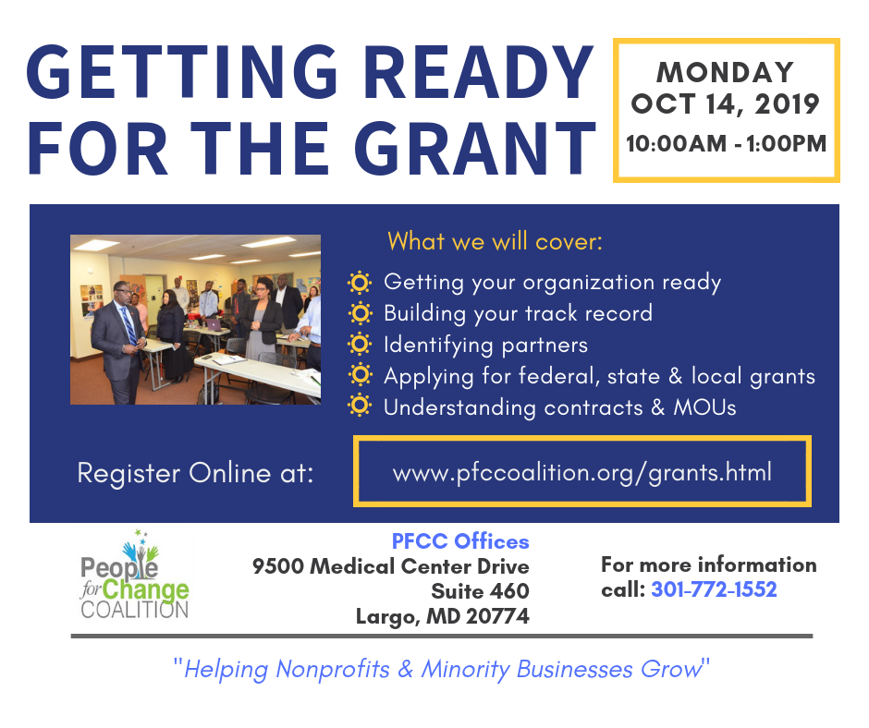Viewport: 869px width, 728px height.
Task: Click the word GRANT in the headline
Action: (x=475, y=148)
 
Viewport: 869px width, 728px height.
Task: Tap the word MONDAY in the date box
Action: (x=726, y=73)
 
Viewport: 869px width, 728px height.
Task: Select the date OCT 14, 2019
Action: (x=725, y=104)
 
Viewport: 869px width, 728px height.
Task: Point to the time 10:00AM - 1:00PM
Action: (x=726, y=143)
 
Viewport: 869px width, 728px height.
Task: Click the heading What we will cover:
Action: (x=495, y=241)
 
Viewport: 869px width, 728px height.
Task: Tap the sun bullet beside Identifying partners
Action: (x=360, y=344)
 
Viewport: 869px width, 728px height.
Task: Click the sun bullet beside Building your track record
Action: (x=360, y=313)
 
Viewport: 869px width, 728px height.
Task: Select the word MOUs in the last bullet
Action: (x=704, y=407)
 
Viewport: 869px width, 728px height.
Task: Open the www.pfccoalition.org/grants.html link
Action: (x=581, y=473)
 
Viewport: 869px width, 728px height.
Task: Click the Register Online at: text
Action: (x=196, y=473)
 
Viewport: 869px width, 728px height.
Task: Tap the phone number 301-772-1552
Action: (x=714, y=589)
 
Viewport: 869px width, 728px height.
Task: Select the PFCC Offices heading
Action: (x=460, y=541)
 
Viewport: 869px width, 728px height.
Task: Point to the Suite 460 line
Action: (x=480, y=591)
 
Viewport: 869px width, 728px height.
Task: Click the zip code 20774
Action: (x=497, y=616)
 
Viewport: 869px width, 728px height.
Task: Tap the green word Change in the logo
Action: (x=146, y=590)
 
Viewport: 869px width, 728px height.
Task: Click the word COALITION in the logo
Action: (x=135, y=610)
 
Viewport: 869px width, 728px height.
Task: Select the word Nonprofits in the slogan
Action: (x=333, y=669)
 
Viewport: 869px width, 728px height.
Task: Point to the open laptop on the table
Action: (x=214, y=324)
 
